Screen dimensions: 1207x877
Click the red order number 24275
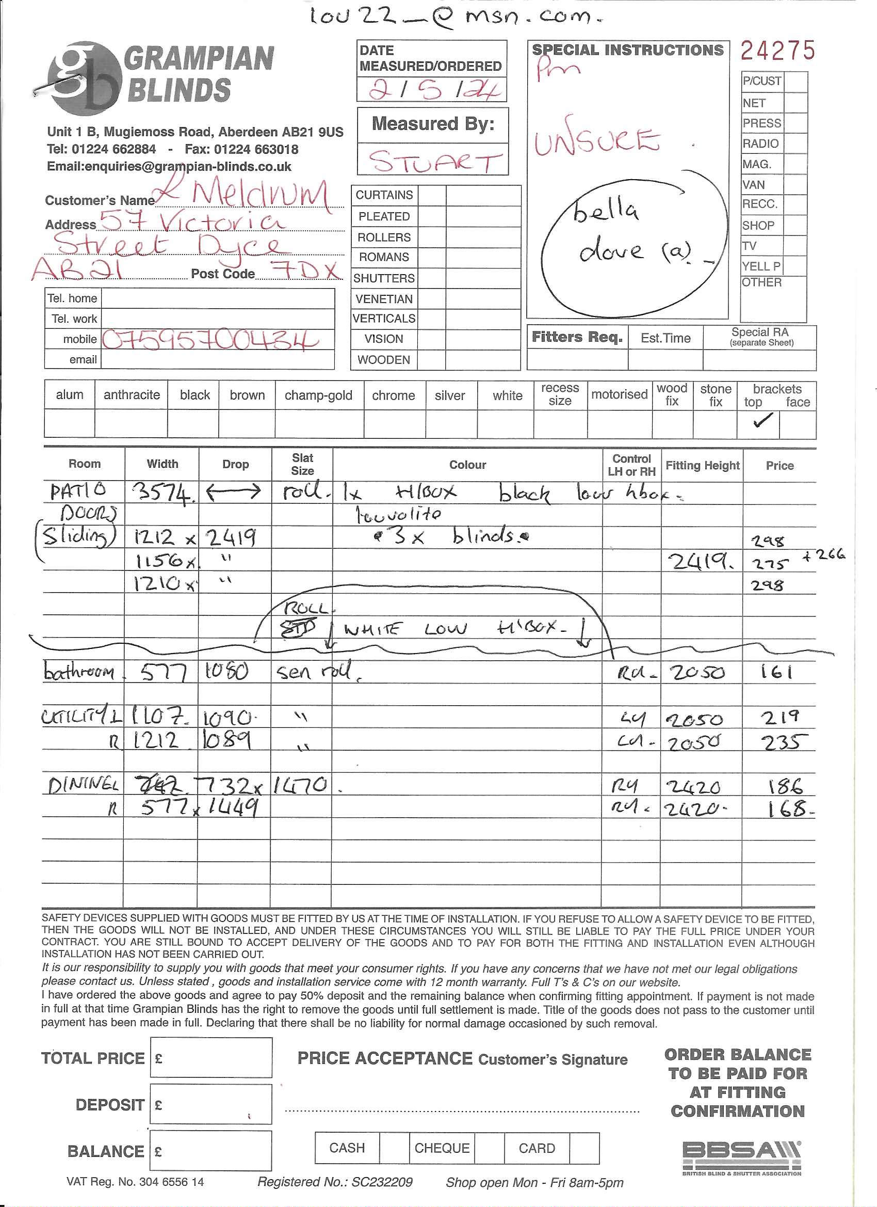[777, 51]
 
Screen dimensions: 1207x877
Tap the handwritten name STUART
[435, 161]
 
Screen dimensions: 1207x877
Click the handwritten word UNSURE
[597, 141]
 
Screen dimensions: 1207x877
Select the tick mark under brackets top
[761, 421]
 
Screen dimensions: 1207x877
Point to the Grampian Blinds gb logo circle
[83, 79]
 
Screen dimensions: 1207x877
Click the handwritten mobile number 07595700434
[210, 340]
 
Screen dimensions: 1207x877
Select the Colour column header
[467, 465]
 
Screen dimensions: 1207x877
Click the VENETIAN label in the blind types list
[384, 299]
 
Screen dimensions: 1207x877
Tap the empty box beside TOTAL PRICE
[211, 1058]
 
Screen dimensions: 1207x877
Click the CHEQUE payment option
[442, 1148]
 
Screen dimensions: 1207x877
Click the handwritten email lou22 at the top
[456, 17]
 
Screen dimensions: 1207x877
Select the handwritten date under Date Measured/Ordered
[435, 89]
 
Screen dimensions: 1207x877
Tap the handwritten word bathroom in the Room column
[79, 672]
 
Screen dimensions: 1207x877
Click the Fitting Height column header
[702, 465]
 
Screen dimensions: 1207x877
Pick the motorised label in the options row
[619, 394]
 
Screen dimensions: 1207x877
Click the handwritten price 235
[784, 742]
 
